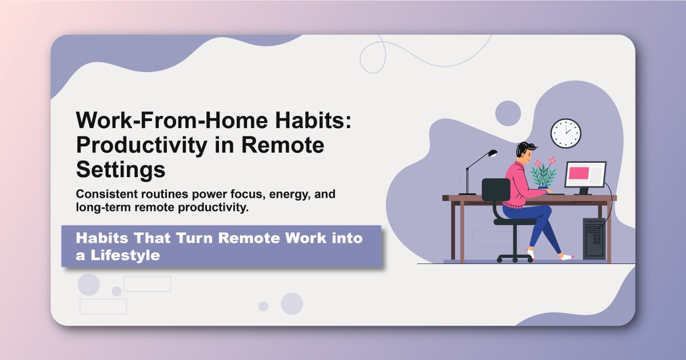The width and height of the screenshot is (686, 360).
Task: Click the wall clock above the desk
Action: tap(565, 133)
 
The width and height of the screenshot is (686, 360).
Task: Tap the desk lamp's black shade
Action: tap(490, 153)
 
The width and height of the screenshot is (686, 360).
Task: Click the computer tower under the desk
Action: tap(594, 238)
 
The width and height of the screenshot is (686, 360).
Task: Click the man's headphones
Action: tap(521, 151)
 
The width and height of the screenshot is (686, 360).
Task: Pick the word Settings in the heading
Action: tap(121, 169)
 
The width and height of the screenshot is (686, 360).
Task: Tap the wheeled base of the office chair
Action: tap(514, 257)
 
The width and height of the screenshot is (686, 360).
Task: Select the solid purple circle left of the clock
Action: tap(508, 113)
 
